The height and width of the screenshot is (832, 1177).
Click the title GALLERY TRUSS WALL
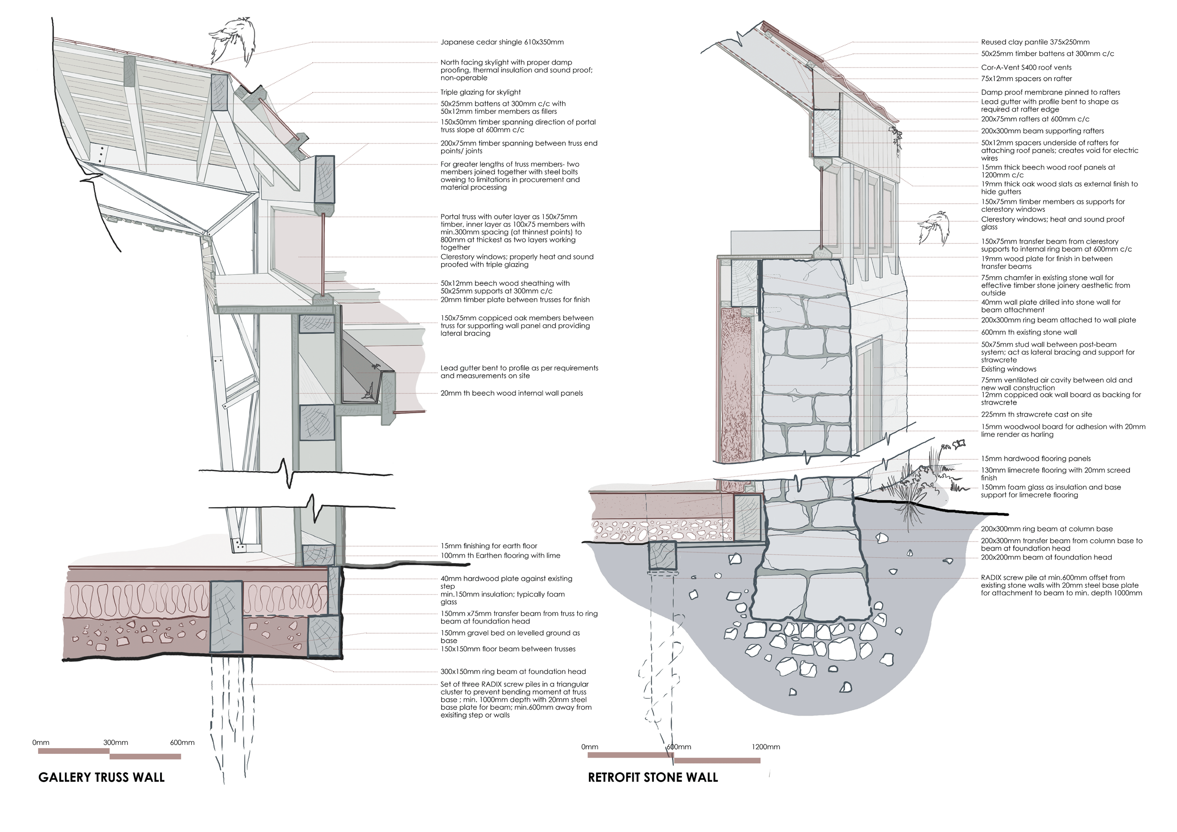(x=102, y=777)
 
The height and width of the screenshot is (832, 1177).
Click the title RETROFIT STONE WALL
(x=653, y=777)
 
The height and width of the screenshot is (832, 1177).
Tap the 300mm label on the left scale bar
(x=115, y=742)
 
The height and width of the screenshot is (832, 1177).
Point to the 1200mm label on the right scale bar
(x=766, y=747)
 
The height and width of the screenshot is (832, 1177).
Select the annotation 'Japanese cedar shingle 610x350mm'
(x=502, y=42)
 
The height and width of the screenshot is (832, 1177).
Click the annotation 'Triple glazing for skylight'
(x=480, y=92)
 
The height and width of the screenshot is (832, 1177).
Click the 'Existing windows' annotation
(x=1008, y=369)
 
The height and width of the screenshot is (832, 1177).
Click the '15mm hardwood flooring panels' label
(x=1035, y=458)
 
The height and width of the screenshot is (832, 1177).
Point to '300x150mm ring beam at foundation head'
(x=513, y=671)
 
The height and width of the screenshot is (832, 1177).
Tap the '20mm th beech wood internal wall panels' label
(x=512, y=393)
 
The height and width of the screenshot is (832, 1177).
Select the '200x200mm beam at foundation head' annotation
(x=1046, y=557)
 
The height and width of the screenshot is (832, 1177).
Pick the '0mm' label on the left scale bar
(x=41, y=742)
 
